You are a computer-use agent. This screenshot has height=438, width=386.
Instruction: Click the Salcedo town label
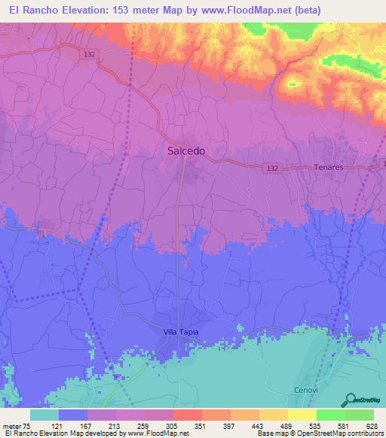pos(185,151)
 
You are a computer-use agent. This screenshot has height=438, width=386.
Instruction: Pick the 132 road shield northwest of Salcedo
pos(89,54)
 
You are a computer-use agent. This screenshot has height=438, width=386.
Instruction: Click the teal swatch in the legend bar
pos(44,415)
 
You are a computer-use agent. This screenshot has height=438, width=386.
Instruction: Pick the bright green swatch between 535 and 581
pos(331,415)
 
